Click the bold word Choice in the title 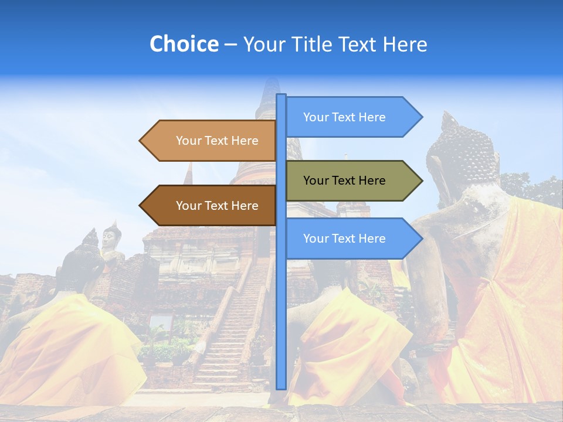[184, 44]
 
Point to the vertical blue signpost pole [281, 293]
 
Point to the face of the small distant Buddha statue [109, 237]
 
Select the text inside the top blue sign [344, 117]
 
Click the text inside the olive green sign [344, 181]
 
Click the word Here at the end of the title [405, 44]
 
